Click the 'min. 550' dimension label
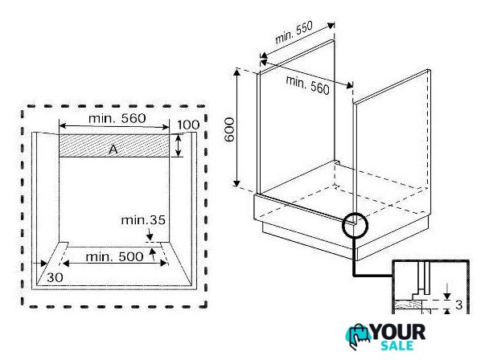click(x=294, y=32)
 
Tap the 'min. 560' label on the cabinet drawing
click(x=308, y=85)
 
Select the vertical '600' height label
click(x=229, y=129)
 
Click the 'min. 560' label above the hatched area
click(x=117, y=118)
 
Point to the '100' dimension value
click(x=188, y=125)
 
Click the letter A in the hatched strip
click(x=113, y=149)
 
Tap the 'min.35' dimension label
click(x=143, y=220)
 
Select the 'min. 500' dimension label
click(x=114, y=257)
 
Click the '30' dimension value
click(x=55, y=277)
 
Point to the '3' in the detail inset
click(x=458, y=305)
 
